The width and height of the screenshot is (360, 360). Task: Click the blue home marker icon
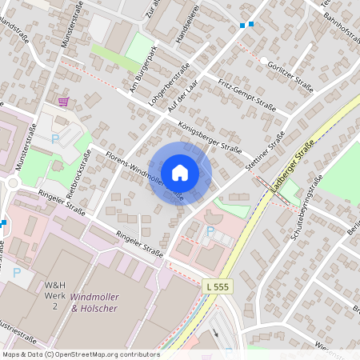click(x=180, y=173)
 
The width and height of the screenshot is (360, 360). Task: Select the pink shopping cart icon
click(x=63, y=102)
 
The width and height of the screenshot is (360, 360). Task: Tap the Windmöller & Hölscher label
click(x=105, y=302)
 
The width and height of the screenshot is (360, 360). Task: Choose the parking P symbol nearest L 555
click(x=210, y=231)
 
